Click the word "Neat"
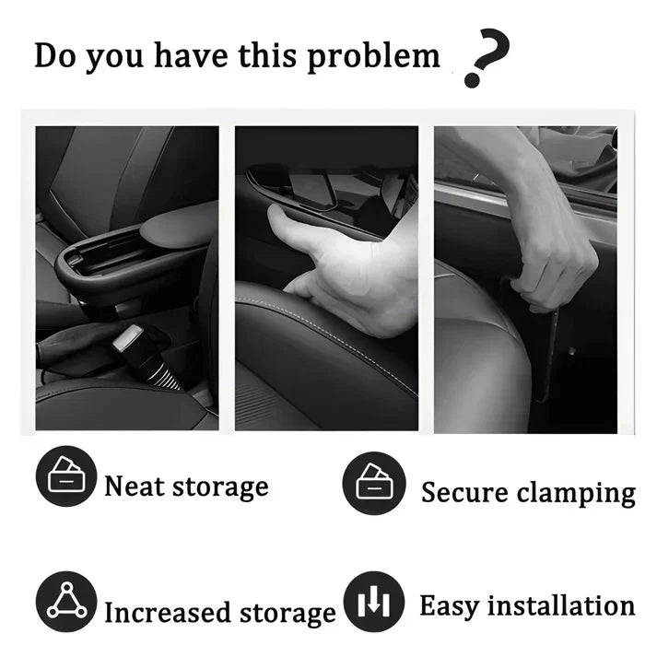click(x=135, y=486)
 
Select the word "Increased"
click(x=167, y=612)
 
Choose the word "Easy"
click(x=449, y=606)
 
